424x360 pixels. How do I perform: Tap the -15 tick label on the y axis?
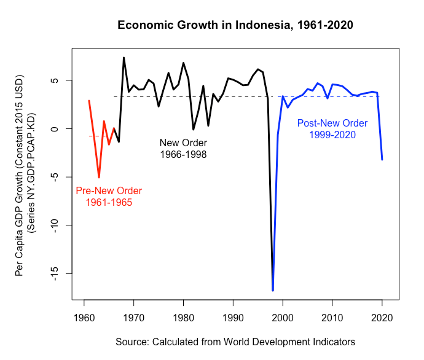(x=60, y=273)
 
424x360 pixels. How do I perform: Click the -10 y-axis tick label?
(x=60, y=225)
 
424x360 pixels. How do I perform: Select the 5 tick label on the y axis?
(x=60, y=81)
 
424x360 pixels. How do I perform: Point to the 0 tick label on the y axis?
(x=60, y=129)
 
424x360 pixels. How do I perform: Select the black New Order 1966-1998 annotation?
(x=183, y=149)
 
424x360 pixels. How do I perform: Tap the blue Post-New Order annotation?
(x=329, y=128)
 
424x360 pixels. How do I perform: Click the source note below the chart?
(x=235, y=341)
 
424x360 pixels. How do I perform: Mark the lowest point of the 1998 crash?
(x=273, y=290)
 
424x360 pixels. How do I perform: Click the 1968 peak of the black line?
(x=124, y=58)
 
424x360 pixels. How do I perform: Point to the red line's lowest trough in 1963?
(x=99, y=178)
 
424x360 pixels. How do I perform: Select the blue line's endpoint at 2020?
(x=382, y=160)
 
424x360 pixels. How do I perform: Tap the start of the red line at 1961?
(x=89, y=101)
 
